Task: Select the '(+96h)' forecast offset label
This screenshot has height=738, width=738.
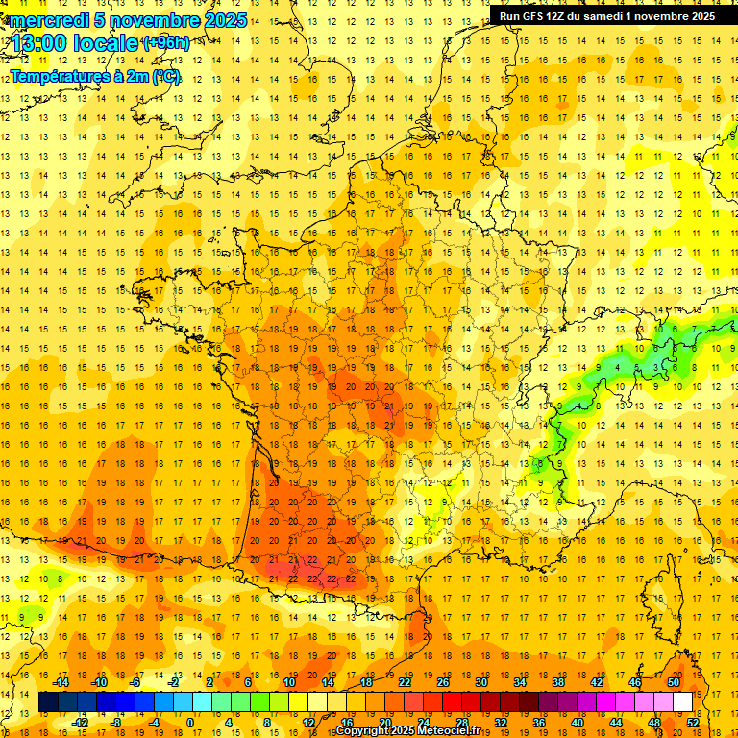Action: pos(165,43)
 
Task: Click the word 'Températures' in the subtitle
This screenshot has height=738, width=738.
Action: pos(61,76)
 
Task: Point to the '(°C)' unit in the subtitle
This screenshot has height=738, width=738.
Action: pos(165,76)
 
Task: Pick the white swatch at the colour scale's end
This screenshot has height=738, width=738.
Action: pos(682,702)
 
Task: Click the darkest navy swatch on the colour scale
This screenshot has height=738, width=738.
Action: pos(48,702)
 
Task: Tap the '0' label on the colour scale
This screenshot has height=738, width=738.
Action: pos(190,723)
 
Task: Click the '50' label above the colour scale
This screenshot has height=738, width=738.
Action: pos(673,682)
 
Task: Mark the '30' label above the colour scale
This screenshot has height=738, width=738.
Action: pos(480,682)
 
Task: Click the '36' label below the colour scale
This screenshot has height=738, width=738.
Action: pos(539,723)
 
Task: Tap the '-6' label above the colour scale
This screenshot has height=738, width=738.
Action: pos(135,682)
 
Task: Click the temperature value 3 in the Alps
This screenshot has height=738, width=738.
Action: pos(655,367)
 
